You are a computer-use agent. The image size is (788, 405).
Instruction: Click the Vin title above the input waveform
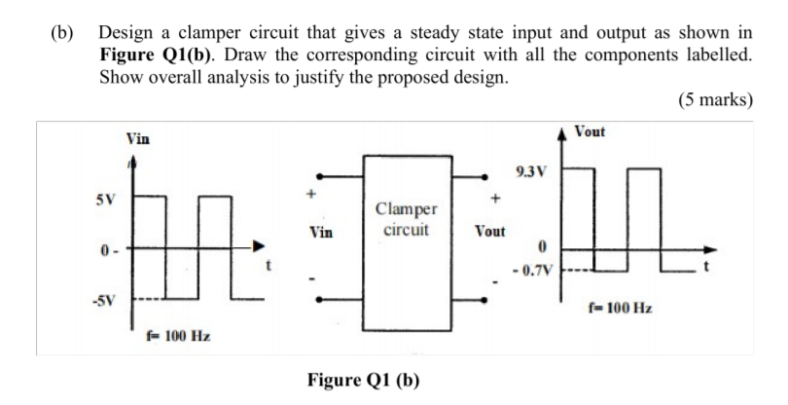(138, 139)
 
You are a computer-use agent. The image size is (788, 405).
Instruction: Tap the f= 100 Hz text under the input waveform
(174, 336)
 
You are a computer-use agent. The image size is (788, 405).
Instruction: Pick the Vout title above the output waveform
(592, 132)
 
